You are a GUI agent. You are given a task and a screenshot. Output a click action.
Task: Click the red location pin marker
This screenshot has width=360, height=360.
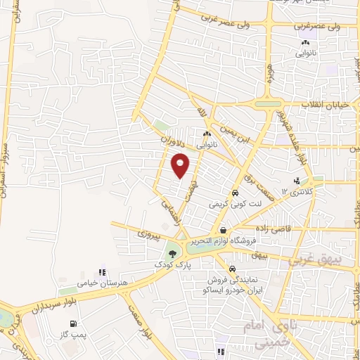point(181,166)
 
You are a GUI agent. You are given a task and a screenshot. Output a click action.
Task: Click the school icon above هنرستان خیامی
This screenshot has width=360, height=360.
point(101,271)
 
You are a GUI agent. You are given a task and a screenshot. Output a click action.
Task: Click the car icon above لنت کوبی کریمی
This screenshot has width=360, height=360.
point(233,193)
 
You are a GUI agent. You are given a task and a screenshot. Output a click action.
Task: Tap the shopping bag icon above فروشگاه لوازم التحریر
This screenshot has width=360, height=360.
point(223,231)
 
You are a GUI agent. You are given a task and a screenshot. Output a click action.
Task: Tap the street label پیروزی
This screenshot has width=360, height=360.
point(148,231)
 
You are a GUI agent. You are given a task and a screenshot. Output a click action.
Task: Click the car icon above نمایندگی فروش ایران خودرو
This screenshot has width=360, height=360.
point(232,268)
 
